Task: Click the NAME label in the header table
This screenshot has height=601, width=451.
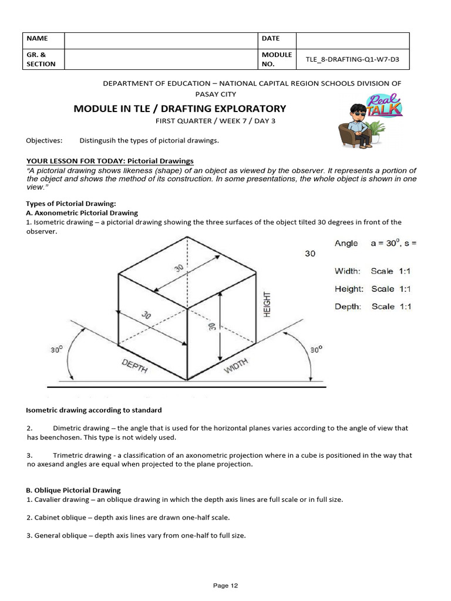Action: [36, 39]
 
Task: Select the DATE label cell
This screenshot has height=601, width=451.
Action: [271, 39]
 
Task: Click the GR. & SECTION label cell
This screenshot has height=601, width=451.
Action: [41, 59]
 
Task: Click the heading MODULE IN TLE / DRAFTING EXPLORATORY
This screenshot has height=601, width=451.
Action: [179, 109]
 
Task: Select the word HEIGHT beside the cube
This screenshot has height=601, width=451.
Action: [267, 304]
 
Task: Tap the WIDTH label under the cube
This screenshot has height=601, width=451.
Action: [236, 366]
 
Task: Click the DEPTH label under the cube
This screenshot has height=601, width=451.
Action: [134, 366]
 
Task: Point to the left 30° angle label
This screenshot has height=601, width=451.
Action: [56, 350]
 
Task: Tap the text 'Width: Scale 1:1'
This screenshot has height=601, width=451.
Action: [372, 271]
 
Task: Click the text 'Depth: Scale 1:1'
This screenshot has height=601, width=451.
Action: [372, 306]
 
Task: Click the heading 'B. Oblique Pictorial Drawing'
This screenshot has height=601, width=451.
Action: [73, 490]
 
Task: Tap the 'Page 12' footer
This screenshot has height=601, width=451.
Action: [225, 585]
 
